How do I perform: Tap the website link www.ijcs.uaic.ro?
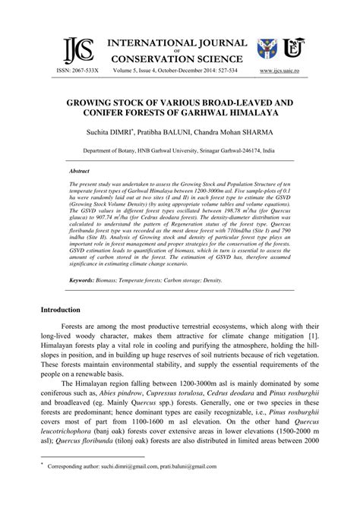(x=285, y=70)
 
